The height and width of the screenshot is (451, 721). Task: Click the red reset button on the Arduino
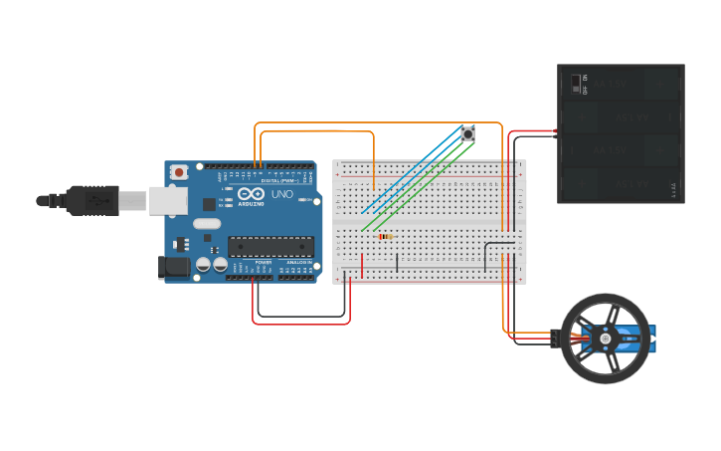[x=178, y=172]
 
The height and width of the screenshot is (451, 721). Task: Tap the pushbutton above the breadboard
[x=467, y=132]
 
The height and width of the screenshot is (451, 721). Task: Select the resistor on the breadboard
[x=385, y=237]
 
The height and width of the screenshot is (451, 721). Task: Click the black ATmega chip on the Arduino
[x=270, y=246]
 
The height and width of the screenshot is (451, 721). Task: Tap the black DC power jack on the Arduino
[x=175, y=267]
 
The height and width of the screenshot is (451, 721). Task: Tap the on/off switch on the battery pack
[x=576, y=84]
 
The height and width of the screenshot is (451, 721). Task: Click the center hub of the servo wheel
[x=606, y=339]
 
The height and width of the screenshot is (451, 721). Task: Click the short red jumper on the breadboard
[x=362, y=266]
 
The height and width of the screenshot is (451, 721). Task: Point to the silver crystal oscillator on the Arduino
[x=208, y=224]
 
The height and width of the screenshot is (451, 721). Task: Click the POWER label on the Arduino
[x=263, y=262]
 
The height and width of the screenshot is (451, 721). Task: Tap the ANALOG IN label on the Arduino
[x=298, y=262]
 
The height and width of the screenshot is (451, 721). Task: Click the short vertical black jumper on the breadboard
[x=397, y=263]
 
